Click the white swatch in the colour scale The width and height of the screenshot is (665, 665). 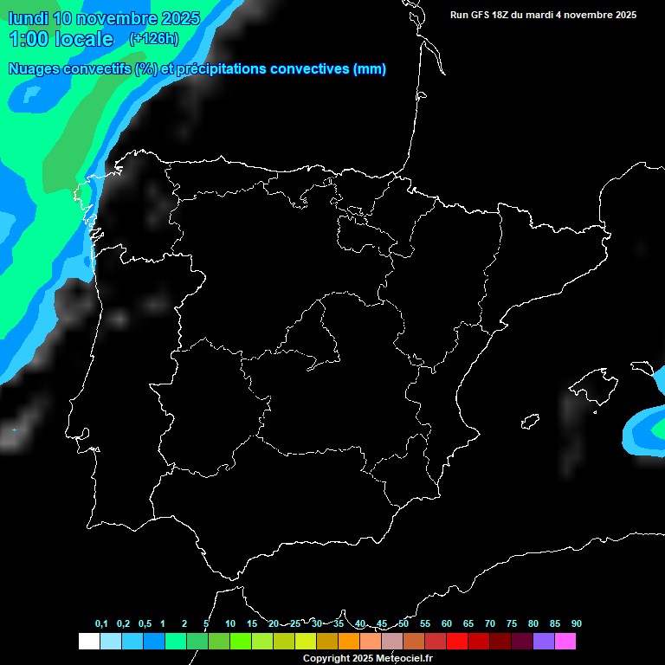point(88,642)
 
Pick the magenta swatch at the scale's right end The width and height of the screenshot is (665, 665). point(565,642)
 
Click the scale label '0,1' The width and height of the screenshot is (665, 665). point(101,624)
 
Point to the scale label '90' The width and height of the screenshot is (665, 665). point(577,624)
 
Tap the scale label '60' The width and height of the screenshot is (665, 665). point(447,624)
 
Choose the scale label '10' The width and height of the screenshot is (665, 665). point(230,624)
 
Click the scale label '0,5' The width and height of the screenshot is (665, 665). point(145,624)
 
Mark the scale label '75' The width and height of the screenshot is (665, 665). point(512,624)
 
